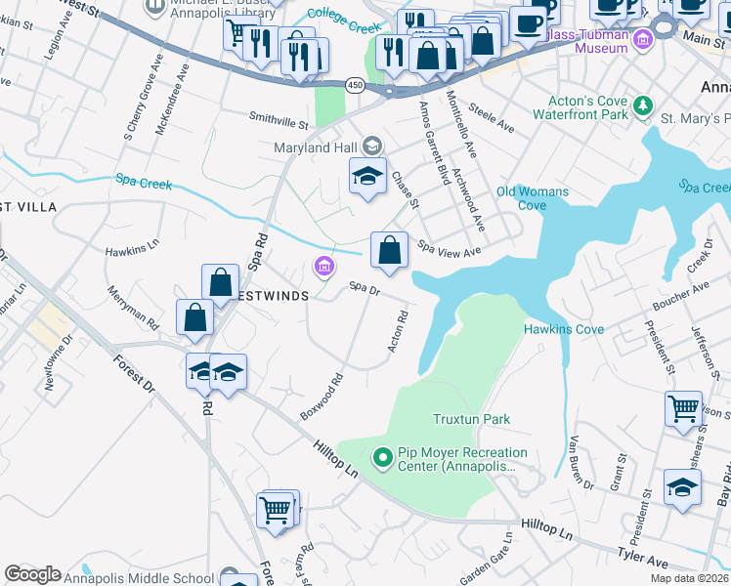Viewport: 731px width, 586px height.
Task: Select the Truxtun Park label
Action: [471, 419]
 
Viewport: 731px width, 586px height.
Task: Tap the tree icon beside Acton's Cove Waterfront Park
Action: [643, 105]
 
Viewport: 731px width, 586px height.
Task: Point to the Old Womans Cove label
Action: [532, 198]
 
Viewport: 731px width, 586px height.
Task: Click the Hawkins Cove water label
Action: [563, 329]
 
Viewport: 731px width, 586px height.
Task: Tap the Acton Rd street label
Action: [397, 331]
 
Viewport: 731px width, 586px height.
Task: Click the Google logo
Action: [32, 574]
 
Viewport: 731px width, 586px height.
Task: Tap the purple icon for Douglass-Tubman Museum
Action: [642, 40]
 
